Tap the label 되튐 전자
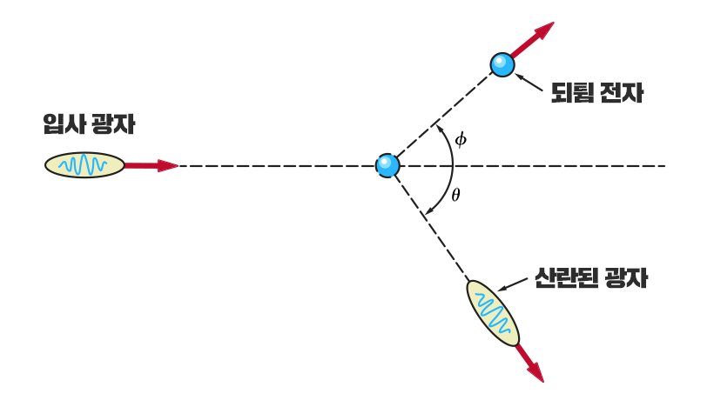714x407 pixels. tap(597, 93)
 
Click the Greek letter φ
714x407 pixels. tap(461, 139)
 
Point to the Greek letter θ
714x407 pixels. tap(455, 194)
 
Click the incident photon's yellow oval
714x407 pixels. tap(84, 164)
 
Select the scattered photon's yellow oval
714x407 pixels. tap(493, 314)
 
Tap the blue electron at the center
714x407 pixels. tap(387, 164)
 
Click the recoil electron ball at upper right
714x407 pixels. tap(502, 63)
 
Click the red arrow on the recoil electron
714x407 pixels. tap(533, 39)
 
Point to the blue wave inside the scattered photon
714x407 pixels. tap(492, 314)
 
